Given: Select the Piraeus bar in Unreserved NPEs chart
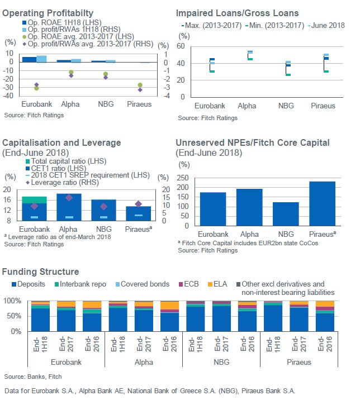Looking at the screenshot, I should (x=323, y=203).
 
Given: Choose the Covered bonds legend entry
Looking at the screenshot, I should (x=145, y=284).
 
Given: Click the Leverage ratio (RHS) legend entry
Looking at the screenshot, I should (x=54, y=183).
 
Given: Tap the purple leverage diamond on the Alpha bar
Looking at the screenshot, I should (x=69, y=198).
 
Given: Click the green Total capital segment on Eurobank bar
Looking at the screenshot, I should (x=34, y=199).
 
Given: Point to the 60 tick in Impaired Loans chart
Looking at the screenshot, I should (x=181, y=46).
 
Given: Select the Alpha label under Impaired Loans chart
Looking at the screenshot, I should (x=246, y=106).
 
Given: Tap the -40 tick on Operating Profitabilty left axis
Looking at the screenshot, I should (x=9, y=96).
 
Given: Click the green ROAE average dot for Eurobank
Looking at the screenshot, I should (x=36, y=88).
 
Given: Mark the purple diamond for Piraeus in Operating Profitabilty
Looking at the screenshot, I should (x=139, y=89).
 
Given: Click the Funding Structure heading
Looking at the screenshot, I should (x=40, y=271).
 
